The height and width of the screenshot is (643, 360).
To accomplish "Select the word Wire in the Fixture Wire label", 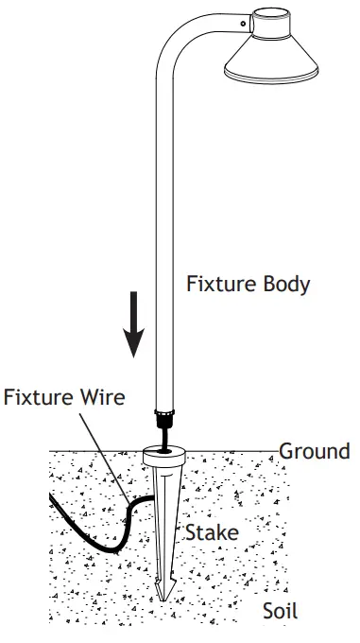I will pos(100,396).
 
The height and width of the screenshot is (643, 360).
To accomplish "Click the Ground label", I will pos(314,450).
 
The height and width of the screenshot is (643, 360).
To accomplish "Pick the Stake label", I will pos(211,533).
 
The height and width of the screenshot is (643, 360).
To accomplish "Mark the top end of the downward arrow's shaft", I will pos(136,294).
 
